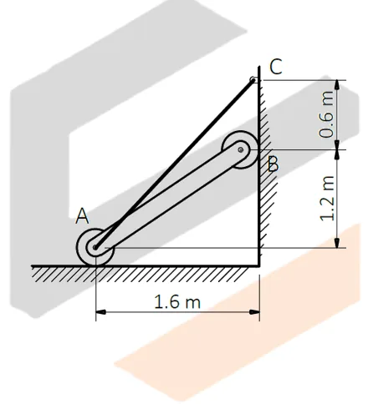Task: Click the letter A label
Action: pos(82,216)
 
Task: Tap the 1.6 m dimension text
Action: pos(178,302)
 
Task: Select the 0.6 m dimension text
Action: pos(328,114)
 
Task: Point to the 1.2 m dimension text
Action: pos(328,199)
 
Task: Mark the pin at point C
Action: pos(253,81)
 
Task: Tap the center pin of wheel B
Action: pos(241,150)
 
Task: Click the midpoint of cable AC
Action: pos(174,164)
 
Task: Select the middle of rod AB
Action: pos(168,199)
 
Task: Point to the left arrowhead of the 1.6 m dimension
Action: pos(100,313)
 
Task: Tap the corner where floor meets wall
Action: pos(258,266)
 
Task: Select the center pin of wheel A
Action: pos(95,247)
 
